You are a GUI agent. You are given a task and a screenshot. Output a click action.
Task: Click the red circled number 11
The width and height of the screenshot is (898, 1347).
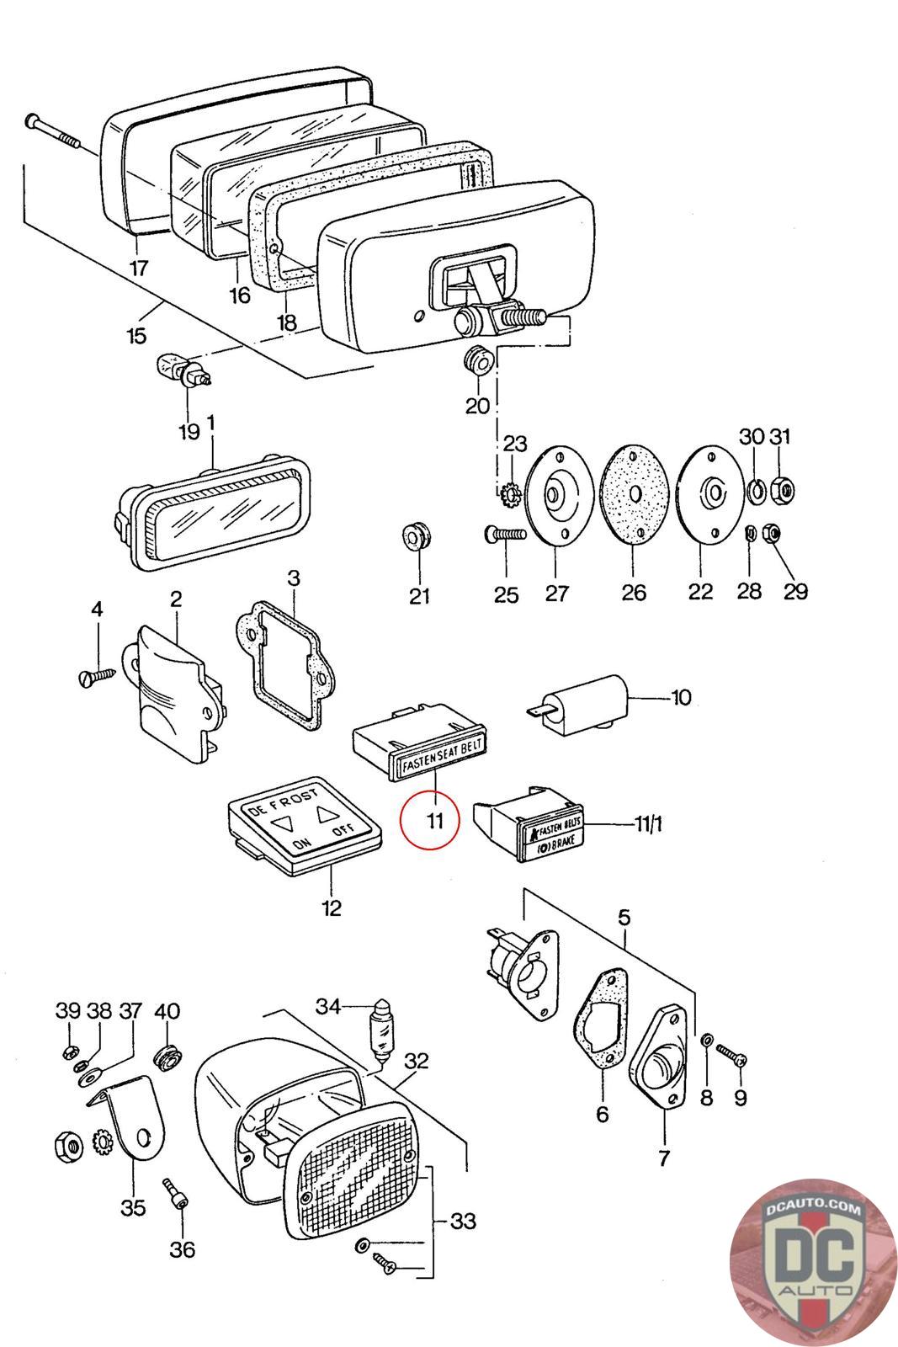(x=430, y=821)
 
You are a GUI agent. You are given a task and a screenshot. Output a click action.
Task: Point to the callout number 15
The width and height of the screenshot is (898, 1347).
(x=136, y=337)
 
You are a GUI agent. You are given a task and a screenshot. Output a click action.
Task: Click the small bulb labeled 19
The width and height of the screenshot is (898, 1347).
(x=182, y=371)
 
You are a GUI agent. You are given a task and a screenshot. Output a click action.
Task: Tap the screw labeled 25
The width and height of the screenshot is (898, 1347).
(x=503, y=533)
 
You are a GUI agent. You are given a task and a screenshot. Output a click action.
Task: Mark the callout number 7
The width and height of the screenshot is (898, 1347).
(x=663, y=1158)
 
